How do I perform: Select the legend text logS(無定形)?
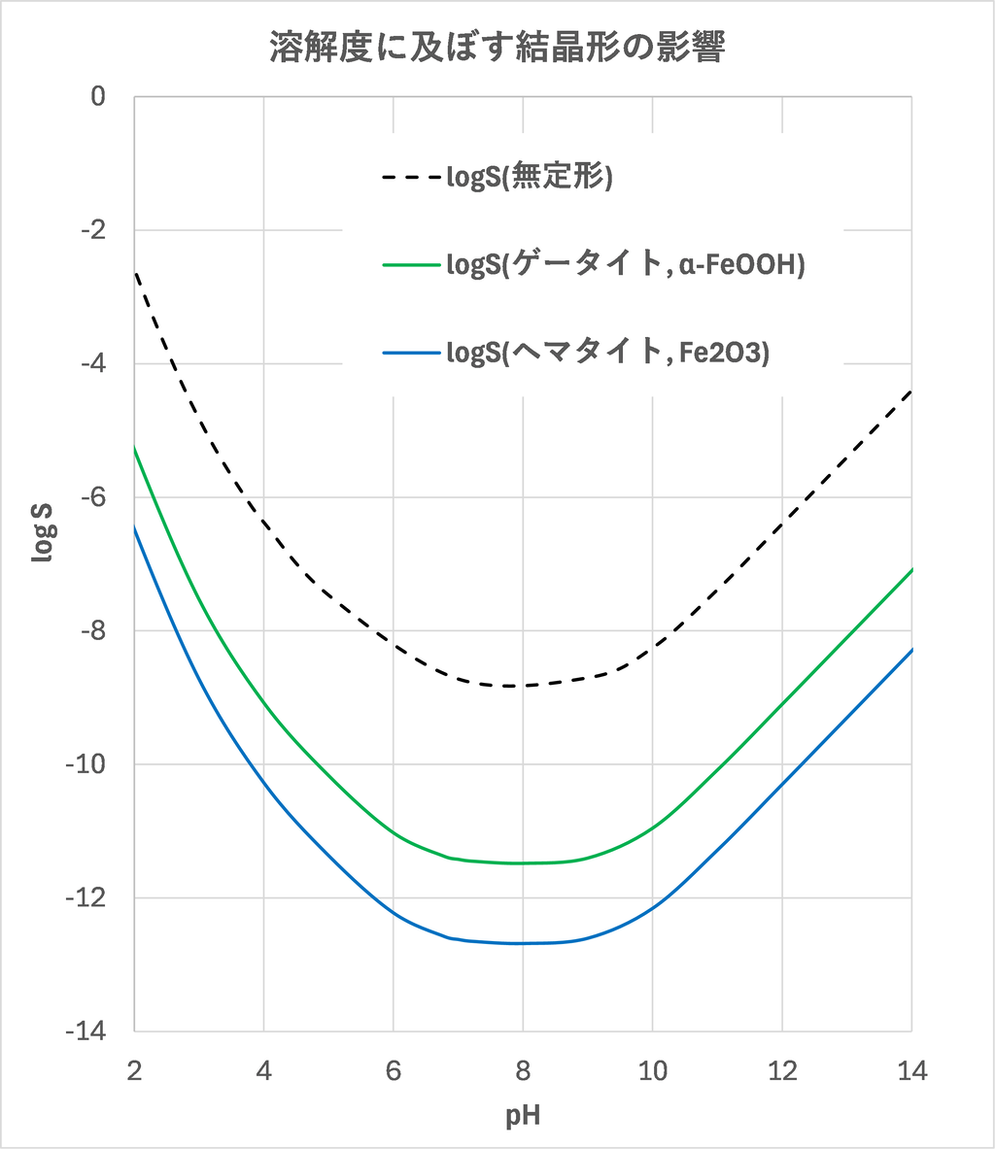point(529,178)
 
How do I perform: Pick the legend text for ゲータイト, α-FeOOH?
point(625,265)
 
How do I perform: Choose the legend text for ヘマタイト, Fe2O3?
point(607,353)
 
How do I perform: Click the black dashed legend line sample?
point(411,178)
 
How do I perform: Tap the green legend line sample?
point(411,265)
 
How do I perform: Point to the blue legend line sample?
point(411,353)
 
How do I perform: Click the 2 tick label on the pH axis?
point(134,1070)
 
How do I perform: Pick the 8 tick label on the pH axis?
point(523,1070)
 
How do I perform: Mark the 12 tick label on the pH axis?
point(782,1070)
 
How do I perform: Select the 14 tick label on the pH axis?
point(911,1070)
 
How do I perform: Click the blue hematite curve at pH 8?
point(523,943)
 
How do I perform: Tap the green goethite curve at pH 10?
point(652,827)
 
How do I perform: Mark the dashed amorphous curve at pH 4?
point(263,523)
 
